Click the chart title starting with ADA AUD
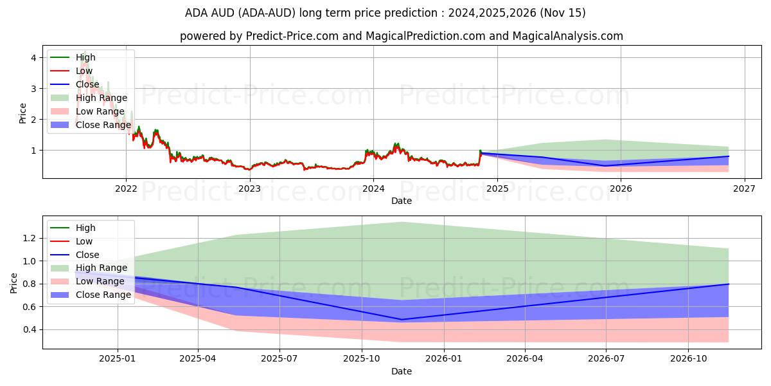(385, 13)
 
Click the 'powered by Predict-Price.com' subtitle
(401, 36)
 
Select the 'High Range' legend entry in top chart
(102, 98)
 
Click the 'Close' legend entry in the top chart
(87, 84)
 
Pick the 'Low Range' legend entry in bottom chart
(100, 281)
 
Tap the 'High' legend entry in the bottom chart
(85, 228)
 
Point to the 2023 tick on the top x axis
(249, 188)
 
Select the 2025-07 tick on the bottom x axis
(280, 358)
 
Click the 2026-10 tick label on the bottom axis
(688, 358)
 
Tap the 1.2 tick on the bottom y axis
(28, 238)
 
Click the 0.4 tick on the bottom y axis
(28, 329)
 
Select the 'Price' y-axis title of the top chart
(23, 113)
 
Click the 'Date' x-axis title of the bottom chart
(401, 371)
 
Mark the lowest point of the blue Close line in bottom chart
(402, 319)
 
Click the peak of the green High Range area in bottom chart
(402, 222)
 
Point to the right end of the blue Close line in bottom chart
(729, 284)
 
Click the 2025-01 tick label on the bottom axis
(117, 358)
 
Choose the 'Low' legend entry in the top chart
(84, 71)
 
